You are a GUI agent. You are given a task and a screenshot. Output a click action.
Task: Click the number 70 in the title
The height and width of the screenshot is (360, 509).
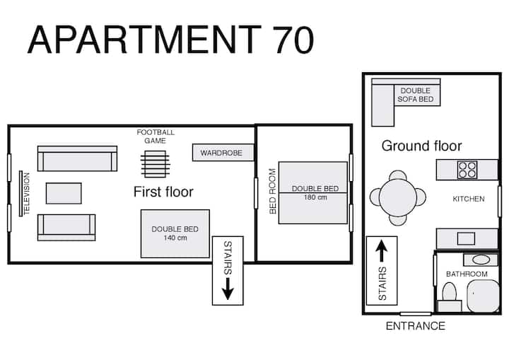pos(293,40)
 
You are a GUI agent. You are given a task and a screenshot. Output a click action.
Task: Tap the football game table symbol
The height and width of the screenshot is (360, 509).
pos(155,164)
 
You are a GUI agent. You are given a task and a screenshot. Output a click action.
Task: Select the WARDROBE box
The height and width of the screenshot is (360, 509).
pos(223,152)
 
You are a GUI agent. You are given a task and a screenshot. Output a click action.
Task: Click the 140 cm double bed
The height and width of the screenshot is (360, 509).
pos(175,233)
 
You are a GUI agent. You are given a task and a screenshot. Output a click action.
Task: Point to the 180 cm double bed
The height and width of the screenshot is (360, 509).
pos(313,192)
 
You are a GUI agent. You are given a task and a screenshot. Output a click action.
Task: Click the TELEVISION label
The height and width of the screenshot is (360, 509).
pos(27,193)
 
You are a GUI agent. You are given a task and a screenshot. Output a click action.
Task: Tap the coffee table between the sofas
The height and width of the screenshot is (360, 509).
pos(64,193)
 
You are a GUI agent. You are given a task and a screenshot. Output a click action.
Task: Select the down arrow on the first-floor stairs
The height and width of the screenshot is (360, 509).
pos(228,289)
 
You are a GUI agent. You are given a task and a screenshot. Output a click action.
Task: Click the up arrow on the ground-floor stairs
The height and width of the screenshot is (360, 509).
pos(382,250)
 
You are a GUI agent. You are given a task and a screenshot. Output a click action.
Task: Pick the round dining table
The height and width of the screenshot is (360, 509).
pos(397,197)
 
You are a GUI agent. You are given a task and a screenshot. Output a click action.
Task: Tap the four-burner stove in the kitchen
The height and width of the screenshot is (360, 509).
pos(467,170)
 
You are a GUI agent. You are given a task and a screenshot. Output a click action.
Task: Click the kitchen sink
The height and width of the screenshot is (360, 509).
pos(466,238)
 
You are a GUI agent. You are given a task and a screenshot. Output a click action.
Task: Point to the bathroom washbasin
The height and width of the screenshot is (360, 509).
pos(481,260)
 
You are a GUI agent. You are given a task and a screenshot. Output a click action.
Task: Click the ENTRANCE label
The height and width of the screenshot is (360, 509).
pos(416,326)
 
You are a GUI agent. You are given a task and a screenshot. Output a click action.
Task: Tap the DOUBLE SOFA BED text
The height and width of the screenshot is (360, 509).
pos(416,95)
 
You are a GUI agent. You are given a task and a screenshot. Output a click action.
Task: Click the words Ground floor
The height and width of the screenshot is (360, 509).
pos(421,146)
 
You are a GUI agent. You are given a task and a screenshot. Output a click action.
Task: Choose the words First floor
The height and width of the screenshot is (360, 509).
pos(163,192)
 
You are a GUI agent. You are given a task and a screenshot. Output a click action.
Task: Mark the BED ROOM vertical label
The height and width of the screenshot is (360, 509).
pos(273,192)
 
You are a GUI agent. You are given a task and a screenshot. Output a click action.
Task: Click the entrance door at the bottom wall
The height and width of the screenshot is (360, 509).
pos(416,314)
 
